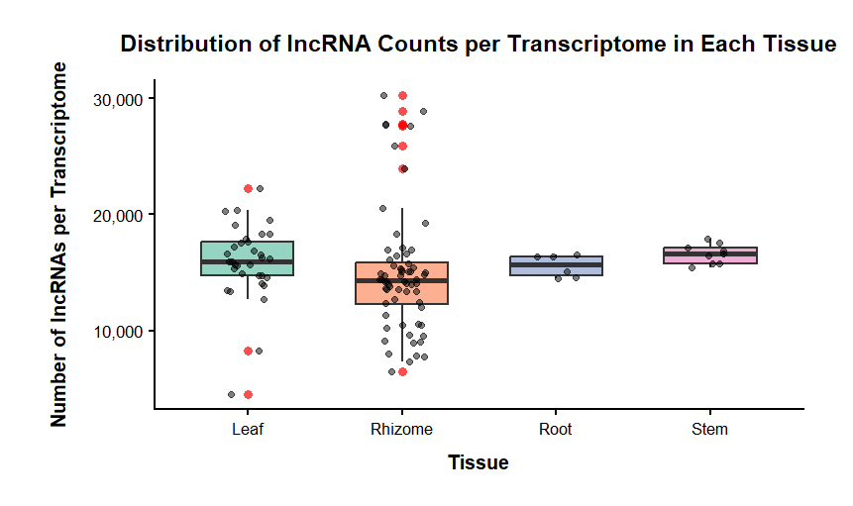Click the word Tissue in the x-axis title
[479, 462]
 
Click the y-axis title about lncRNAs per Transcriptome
[60, 244]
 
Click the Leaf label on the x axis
[248, 430]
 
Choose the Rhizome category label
[401, 430]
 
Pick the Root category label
[556, 430]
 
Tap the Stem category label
[709, 430]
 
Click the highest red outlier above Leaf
[248, 188]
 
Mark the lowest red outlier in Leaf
[248, 394]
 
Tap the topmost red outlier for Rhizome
[402, 96]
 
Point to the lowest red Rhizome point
[402, 371]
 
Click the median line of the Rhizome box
[402, 280]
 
